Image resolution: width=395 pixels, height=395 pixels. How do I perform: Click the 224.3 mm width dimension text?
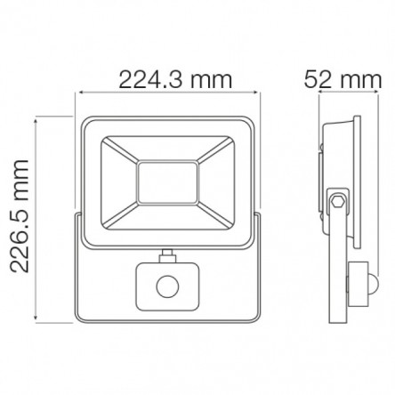pos(175,79)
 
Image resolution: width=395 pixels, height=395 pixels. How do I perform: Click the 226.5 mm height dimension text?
pos(20,216)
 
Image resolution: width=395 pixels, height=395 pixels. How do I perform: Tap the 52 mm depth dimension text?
pos(343,79)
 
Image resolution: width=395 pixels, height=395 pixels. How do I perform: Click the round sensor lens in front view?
pos(167,286)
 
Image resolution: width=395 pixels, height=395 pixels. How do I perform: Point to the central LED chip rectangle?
pos(168,182)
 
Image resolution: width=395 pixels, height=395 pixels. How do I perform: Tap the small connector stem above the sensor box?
pos(167,255)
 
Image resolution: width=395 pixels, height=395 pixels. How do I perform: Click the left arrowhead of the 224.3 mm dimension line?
pos(78,93)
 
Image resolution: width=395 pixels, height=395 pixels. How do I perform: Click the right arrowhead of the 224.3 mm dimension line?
pos(257,93)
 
